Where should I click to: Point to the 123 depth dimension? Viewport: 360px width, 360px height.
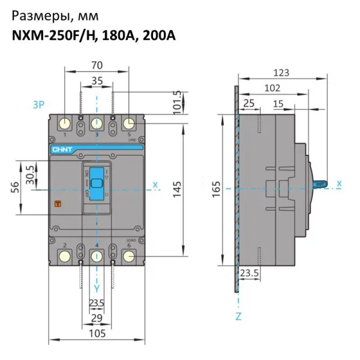point(280,73)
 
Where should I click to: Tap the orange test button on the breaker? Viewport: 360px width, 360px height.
point(59,205)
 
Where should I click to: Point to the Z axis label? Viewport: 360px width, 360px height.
point(238,316)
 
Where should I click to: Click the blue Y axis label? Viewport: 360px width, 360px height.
point(96,287)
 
